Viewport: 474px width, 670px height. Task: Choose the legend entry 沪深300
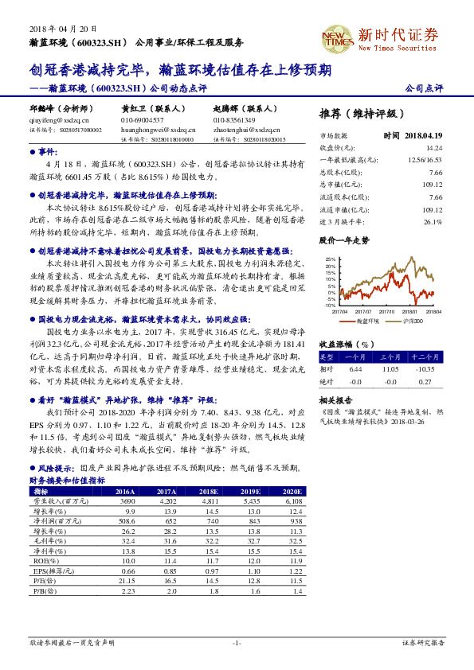[x=413, y=321]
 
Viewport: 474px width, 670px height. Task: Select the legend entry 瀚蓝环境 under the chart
[x=366, y=321]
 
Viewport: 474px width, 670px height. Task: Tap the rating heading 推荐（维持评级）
[x=362, y=112]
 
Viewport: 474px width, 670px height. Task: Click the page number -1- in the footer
[x=237, y=642]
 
